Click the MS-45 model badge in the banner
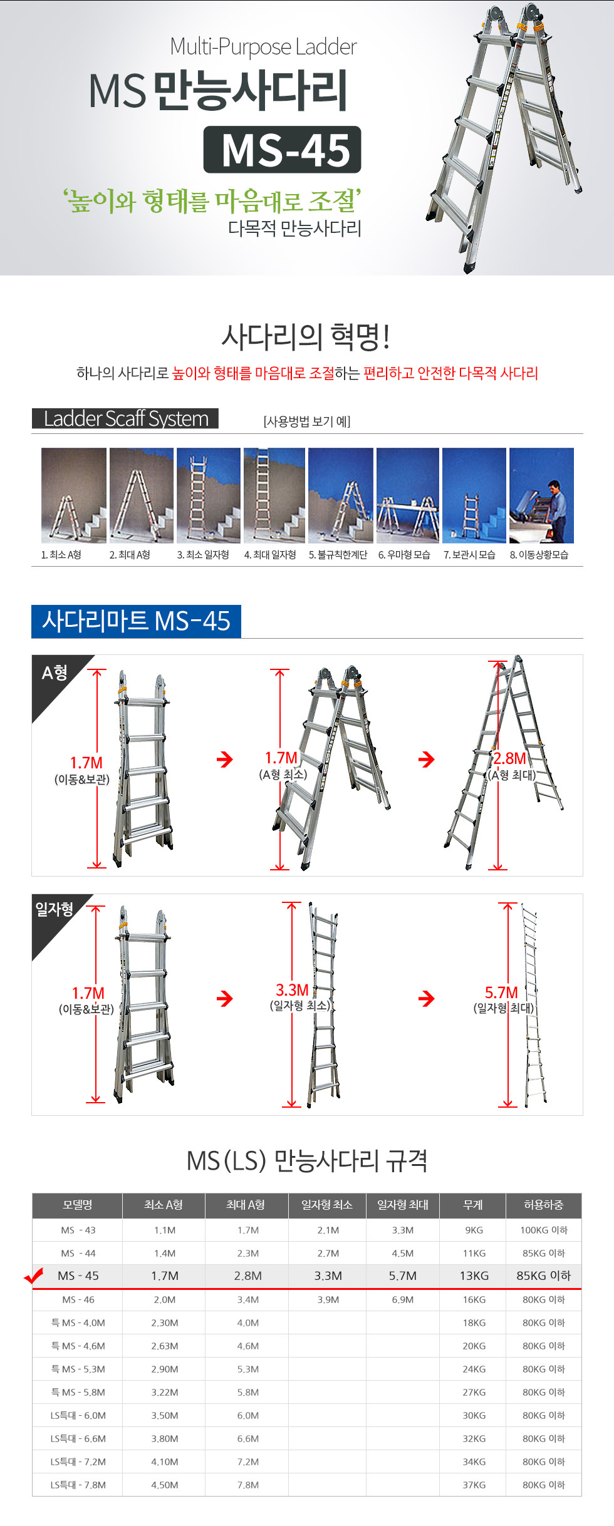pyautogui.click(x=282, y=150)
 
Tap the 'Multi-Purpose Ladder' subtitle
pyautogui.click(x=263, y=47)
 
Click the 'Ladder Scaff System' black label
pyautogui.click(x=125, y=418)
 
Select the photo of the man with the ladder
pyautogui.click(x=541, y=495)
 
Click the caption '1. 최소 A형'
pyautogui.click(x=61, y=555)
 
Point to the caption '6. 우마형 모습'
pyautogui.click(x=404, y=555)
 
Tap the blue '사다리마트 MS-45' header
pyautogui.click(x=136, y=621)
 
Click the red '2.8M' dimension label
pyautogui.click(x=510, y=758)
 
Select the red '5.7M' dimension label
pyautogui.click(x=501, y=992)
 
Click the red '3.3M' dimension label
pyautogui.click(x=293, y=990)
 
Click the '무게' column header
pyautogui.click(x=473, y=1205)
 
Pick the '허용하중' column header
pyautogui.click(x=544, y=1205)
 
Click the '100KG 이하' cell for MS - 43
pyautogui.click(x=544, y=1230)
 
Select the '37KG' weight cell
pyautogui.click(x=474, y=1485)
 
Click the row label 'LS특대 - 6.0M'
pyautogui.click(x=78, y=1415)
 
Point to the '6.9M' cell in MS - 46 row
pyautogui.click(x=403, y=1299)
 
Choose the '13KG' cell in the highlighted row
pyautogui.click(x=474, y=1276)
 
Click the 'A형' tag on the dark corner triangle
pyautogui.click(x=55, y=673)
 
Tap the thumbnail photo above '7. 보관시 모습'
pyautogui.click(x=474, y=495)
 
